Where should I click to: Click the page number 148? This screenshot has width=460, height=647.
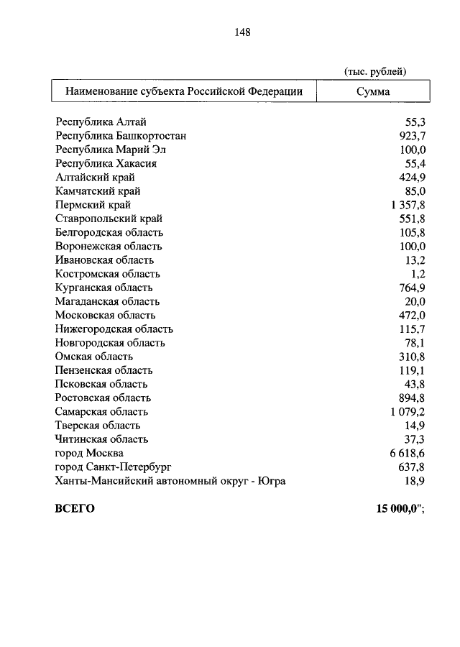click(x=241, y=32)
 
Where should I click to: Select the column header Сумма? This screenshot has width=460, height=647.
click(x=373, y=92)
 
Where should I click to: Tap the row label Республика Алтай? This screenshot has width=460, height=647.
click(x=101, y=122)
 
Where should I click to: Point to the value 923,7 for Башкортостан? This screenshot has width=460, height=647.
click(x=413, y=136)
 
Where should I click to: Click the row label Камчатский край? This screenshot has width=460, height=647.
click(x=98, y=191)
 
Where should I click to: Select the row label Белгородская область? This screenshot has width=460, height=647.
click(x=109, y=232)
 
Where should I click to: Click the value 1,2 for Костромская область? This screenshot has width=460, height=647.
click(x=419, y=274)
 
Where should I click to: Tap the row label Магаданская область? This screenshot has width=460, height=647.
click(x=108, y=301)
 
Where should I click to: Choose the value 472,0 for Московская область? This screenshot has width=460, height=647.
click(x=413, y=315)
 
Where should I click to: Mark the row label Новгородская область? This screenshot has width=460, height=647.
click(x=110, y=343)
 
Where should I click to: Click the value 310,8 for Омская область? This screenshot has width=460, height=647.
click(x=413, y=357)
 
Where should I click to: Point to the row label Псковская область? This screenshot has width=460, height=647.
click(x=102, y=384)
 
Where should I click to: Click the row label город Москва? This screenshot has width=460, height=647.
click(x=89, y=453)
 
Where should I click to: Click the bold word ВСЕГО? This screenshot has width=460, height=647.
click(x=75, y=508)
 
